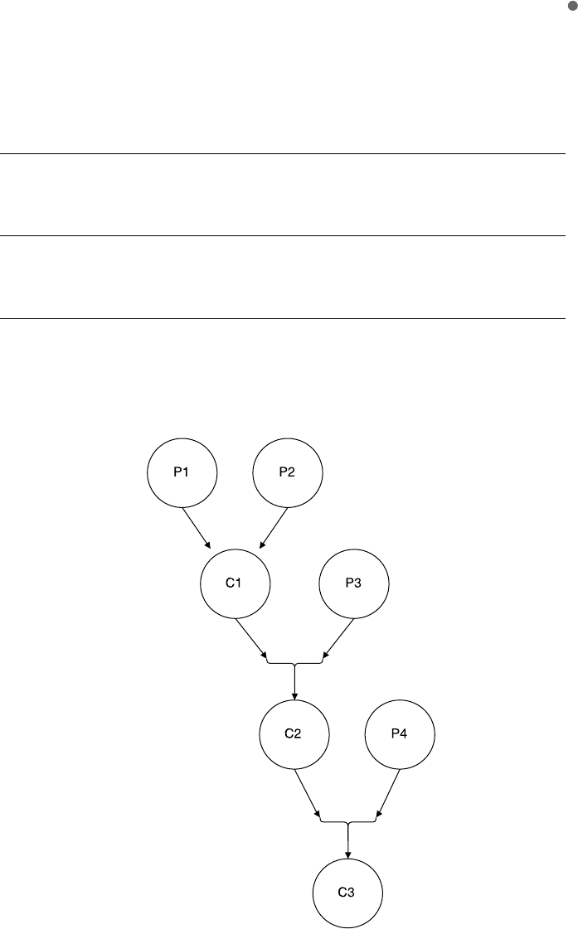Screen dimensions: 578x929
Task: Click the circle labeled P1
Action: click(x=182, y=472)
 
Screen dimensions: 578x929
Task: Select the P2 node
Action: click(x=286, y=472)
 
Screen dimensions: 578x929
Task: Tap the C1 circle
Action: click(x=235, y=583)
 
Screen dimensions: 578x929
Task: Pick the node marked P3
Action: click(x=354, y=583)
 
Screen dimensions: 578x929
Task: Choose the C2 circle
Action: click(x=294, y=735)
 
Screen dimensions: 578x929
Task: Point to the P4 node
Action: click(x=400, y=735)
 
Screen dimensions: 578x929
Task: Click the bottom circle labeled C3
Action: click(x=347, y=892)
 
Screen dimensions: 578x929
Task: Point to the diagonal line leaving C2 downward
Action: click(x=308, y=791)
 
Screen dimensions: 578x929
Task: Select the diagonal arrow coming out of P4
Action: click(x=389, y=791)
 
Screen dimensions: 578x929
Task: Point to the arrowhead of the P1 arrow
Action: click(x=208, y=544)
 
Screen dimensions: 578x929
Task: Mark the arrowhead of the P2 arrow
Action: click(x=262, y=544)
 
